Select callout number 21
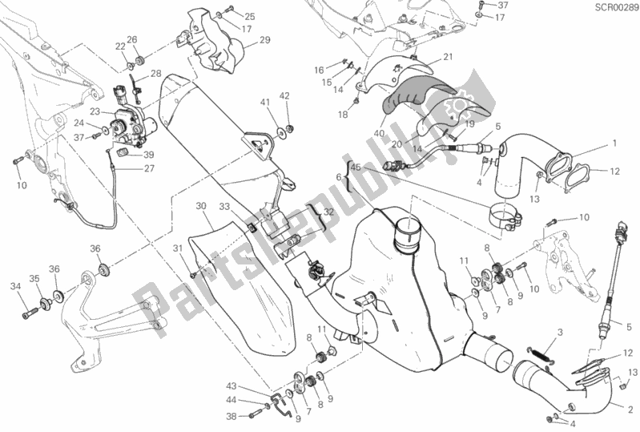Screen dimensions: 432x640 click(x=448, y=56)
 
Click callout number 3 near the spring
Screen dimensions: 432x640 click(x=562, y=332)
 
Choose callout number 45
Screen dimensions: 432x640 click(x=356, y=167)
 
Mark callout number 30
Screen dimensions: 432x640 click(x=200, y=206)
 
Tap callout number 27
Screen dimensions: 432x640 click(x=149, y=168)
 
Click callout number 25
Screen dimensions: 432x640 click(x=227, y=16)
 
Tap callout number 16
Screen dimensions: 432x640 click(x=318, y=70)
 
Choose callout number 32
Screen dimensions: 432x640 click(x=328, y=211)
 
